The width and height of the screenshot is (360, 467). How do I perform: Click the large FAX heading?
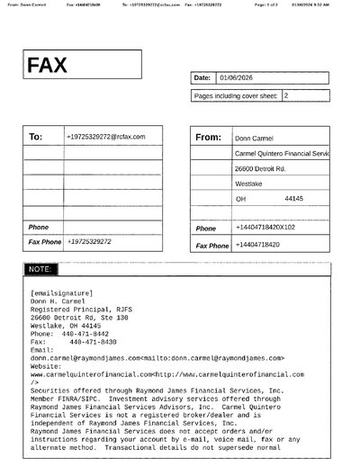point(48,66)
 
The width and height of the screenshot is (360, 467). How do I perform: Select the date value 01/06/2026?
point(232,77)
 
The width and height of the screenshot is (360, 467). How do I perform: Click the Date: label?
point(202,77)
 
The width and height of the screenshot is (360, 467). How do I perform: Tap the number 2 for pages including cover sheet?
point(286,94)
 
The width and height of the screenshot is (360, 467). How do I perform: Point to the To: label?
point(36,138)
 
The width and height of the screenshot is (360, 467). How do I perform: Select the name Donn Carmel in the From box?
point(254,139)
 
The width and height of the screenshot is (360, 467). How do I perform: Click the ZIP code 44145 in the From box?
point(293,198)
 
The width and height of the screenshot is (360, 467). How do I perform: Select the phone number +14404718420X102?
point(264,228)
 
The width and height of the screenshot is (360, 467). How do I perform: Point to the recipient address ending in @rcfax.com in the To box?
point(105,137)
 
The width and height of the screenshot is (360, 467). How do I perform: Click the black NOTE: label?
point(40,269)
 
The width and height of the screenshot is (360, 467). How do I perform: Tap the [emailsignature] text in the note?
point(59,293)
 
